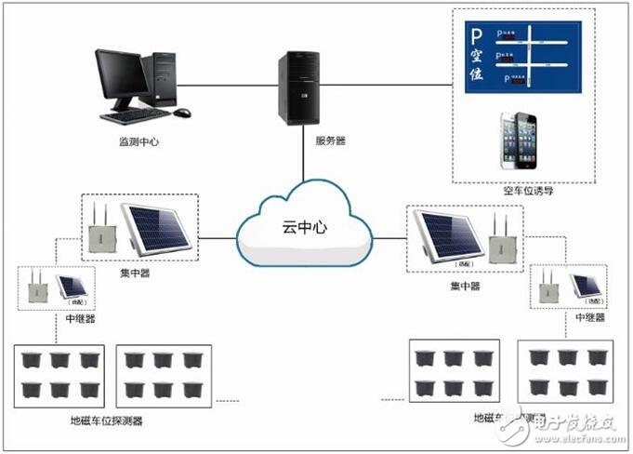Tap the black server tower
(x=300, y=87)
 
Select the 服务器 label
(x=330, y=140)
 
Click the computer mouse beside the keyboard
(x=182, y=113)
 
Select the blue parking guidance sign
(x=522, y=57)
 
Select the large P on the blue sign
(x=477, y=40)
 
